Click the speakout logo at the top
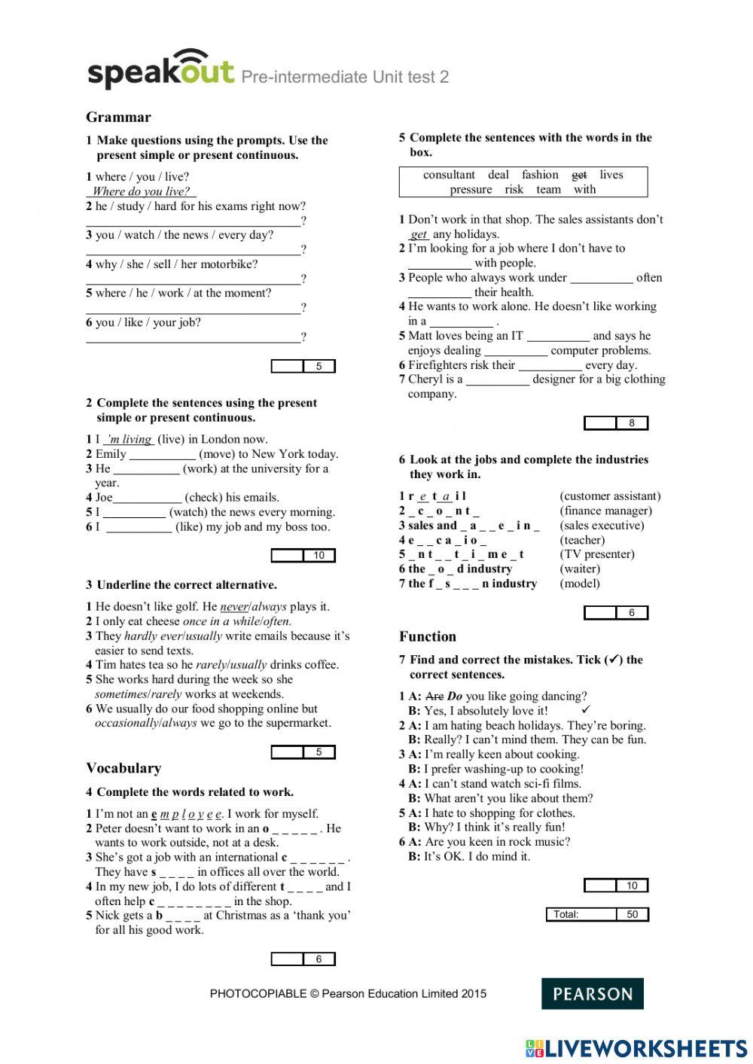(160, 71)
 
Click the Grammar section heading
(118, 117)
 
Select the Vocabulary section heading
(123, 768)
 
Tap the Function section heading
(427, 636)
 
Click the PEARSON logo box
(592, 993)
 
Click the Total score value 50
(632, 914)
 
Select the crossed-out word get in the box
(579, 175)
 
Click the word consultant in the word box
(449, 175)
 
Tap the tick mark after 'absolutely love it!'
(587, 709)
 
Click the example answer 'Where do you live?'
(141, 191)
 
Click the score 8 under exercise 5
(632, 423)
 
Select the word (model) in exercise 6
(580, 584)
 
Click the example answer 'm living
(129, 439)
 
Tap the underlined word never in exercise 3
(233, 606)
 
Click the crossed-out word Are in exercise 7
(434, 697)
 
